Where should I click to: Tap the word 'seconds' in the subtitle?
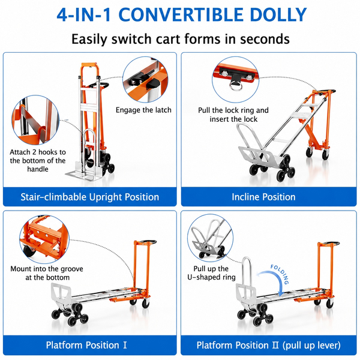click(x=265, y=39)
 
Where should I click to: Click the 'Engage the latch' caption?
click(x=143, y=110)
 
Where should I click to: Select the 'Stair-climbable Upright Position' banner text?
click(x=90, y=197)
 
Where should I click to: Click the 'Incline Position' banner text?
click(x=263, y=197)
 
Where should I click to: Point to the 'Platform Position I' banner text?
click(x=86, y=345)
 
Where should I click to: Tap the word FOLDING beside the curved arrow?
click(x=280, y=274)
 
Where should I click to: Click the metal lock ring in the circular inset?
click(x=235, y=87)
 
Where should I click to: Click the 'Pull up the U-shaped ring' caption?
click(x=211, y=273)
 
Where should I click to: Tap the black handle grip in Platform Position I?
click(x=148, y=242)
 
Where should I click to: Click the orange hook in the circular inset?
click(x=41, y=134)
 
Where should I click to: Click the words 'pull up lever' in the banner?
click(x=311, y=345)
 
